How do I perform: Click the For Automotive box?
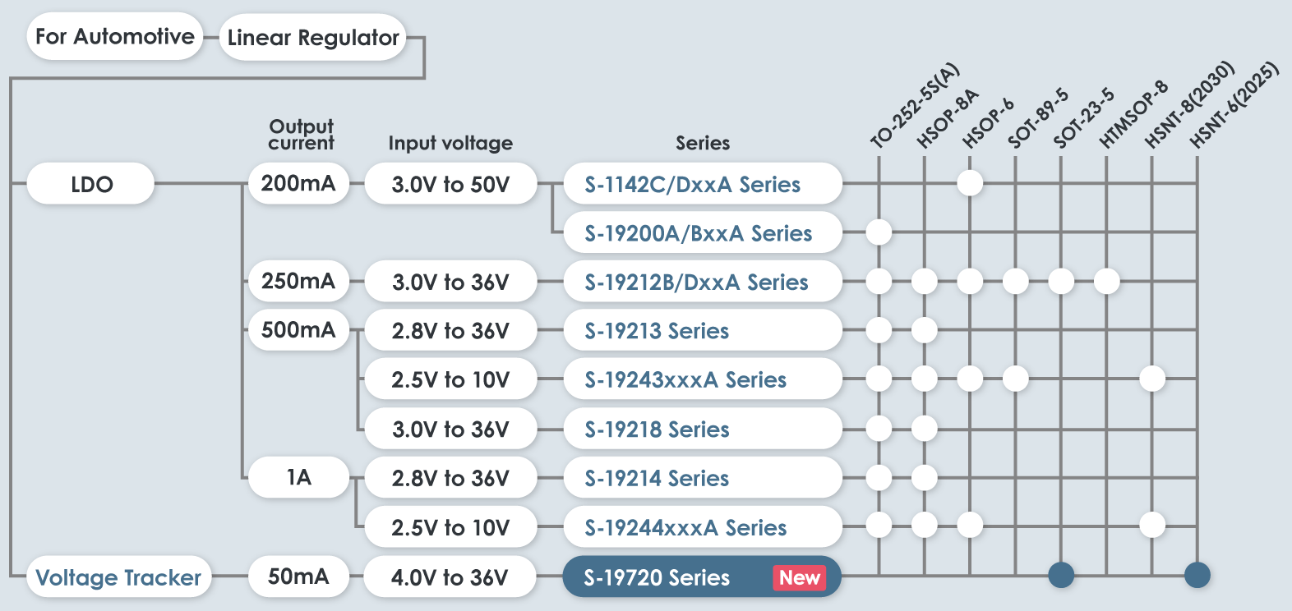pos(114,37)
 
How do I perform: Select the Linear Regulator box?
pos(313,38)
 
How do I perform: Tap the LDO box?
pos(91,184)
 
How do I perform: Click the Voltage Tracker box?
pos(118,577)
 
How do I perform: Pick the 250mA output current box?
pos(298,282)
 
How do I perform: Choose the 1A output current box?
pos(298,478)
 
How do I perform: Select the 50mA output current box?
pos(298,577)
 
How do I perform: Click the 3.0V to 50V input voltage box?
pos(450,184)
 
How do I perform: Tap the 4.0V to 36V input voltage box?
pos(450,577)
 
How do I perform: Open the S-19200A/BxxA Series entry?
pos(699,233)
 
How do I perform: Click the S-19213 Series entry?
pos(658,331)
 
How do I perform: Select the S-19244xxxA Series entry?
pos(685,527)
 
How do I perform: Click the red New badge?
pos(799,577)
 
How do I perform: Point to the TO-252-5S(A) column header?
pos(914,105)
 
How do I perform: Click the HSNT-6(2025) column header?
pos(1234,104)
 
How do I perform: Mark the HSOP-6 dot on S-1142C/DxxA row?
pos(970,182)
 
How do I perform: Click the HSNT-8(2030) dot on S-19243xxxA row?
pos(1152,379)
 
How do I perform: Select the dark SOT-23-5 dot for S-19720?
pos(1061,575)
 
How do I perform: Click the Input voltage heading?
pos(450,143)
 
